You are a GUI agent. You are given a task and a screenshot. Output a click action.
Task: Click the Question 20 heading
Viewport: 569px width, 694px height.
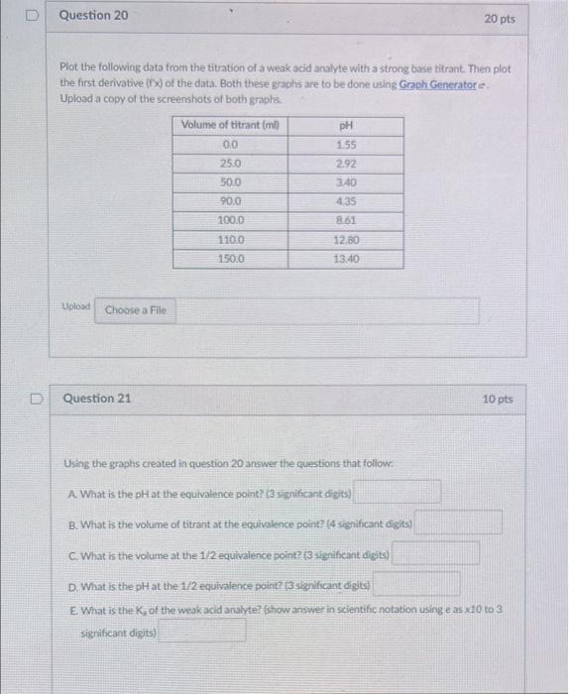pyautogui.click(x=93, y=17)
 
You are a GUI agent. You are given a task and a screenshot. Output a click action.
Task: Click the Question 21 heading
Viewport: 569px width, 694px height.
pyautogui.click(x=97, y=399)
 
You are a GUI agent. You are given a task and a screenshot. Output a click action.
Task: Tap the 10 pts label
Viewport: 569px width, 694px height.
pyautogui.click(x=498, y=400)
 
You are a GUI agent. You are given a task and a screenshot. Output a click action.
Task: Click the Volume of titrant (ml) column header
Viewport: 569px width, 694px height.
pyautogui.click(x=230, y=125)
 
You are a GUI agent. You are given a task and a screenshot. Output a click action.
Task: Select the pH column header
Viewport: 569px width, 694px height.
pyautogui.click(x=346, y=126)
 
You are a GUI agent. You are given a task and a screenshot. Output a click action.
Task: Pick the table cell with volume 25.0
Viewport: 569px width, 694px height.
pyautogui.click(x=230, y=163)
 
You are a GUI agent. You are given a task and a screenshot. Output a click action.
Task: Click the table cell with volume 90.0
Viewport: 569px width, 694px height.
pyautogui.click(x=230, y=201)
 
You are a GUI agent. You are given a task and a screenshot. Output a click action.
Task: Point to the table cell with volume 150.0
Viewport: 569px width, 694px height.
pyautogui.click(x=230, y=259)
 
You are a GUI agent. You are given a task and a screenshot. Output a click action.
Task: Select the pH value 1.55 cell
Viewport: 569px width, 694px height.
pyautogui.click(x=346, y=144)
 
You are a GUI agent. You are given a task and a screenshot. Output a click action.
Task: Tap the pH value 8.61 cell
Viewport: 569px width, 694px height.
pyautogui.click(x=346, y=220)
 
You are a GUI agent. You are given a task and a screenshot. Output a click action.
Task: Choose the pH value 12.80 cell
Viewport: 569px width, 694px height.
pyautogui.click(x=346, y=240)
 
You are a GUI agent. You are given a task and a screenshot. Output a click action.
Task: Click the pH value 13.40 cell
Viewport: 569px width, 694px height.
pyautogui.click(x=346, y=259)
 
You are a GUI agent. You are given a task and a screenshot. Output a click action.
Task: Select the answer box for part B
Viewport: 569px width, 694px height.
pyautogui.click(x=458, y=521)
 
